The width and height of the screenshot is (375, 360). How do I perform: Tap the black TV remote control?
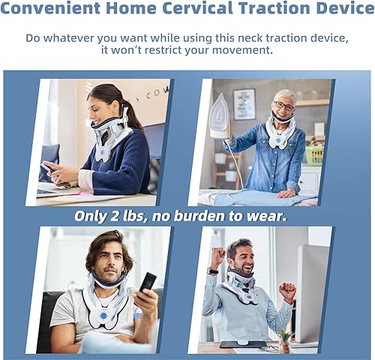click(148, 282)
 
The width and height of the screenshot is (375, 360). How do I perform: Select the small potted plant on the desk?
click(286, 342)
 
